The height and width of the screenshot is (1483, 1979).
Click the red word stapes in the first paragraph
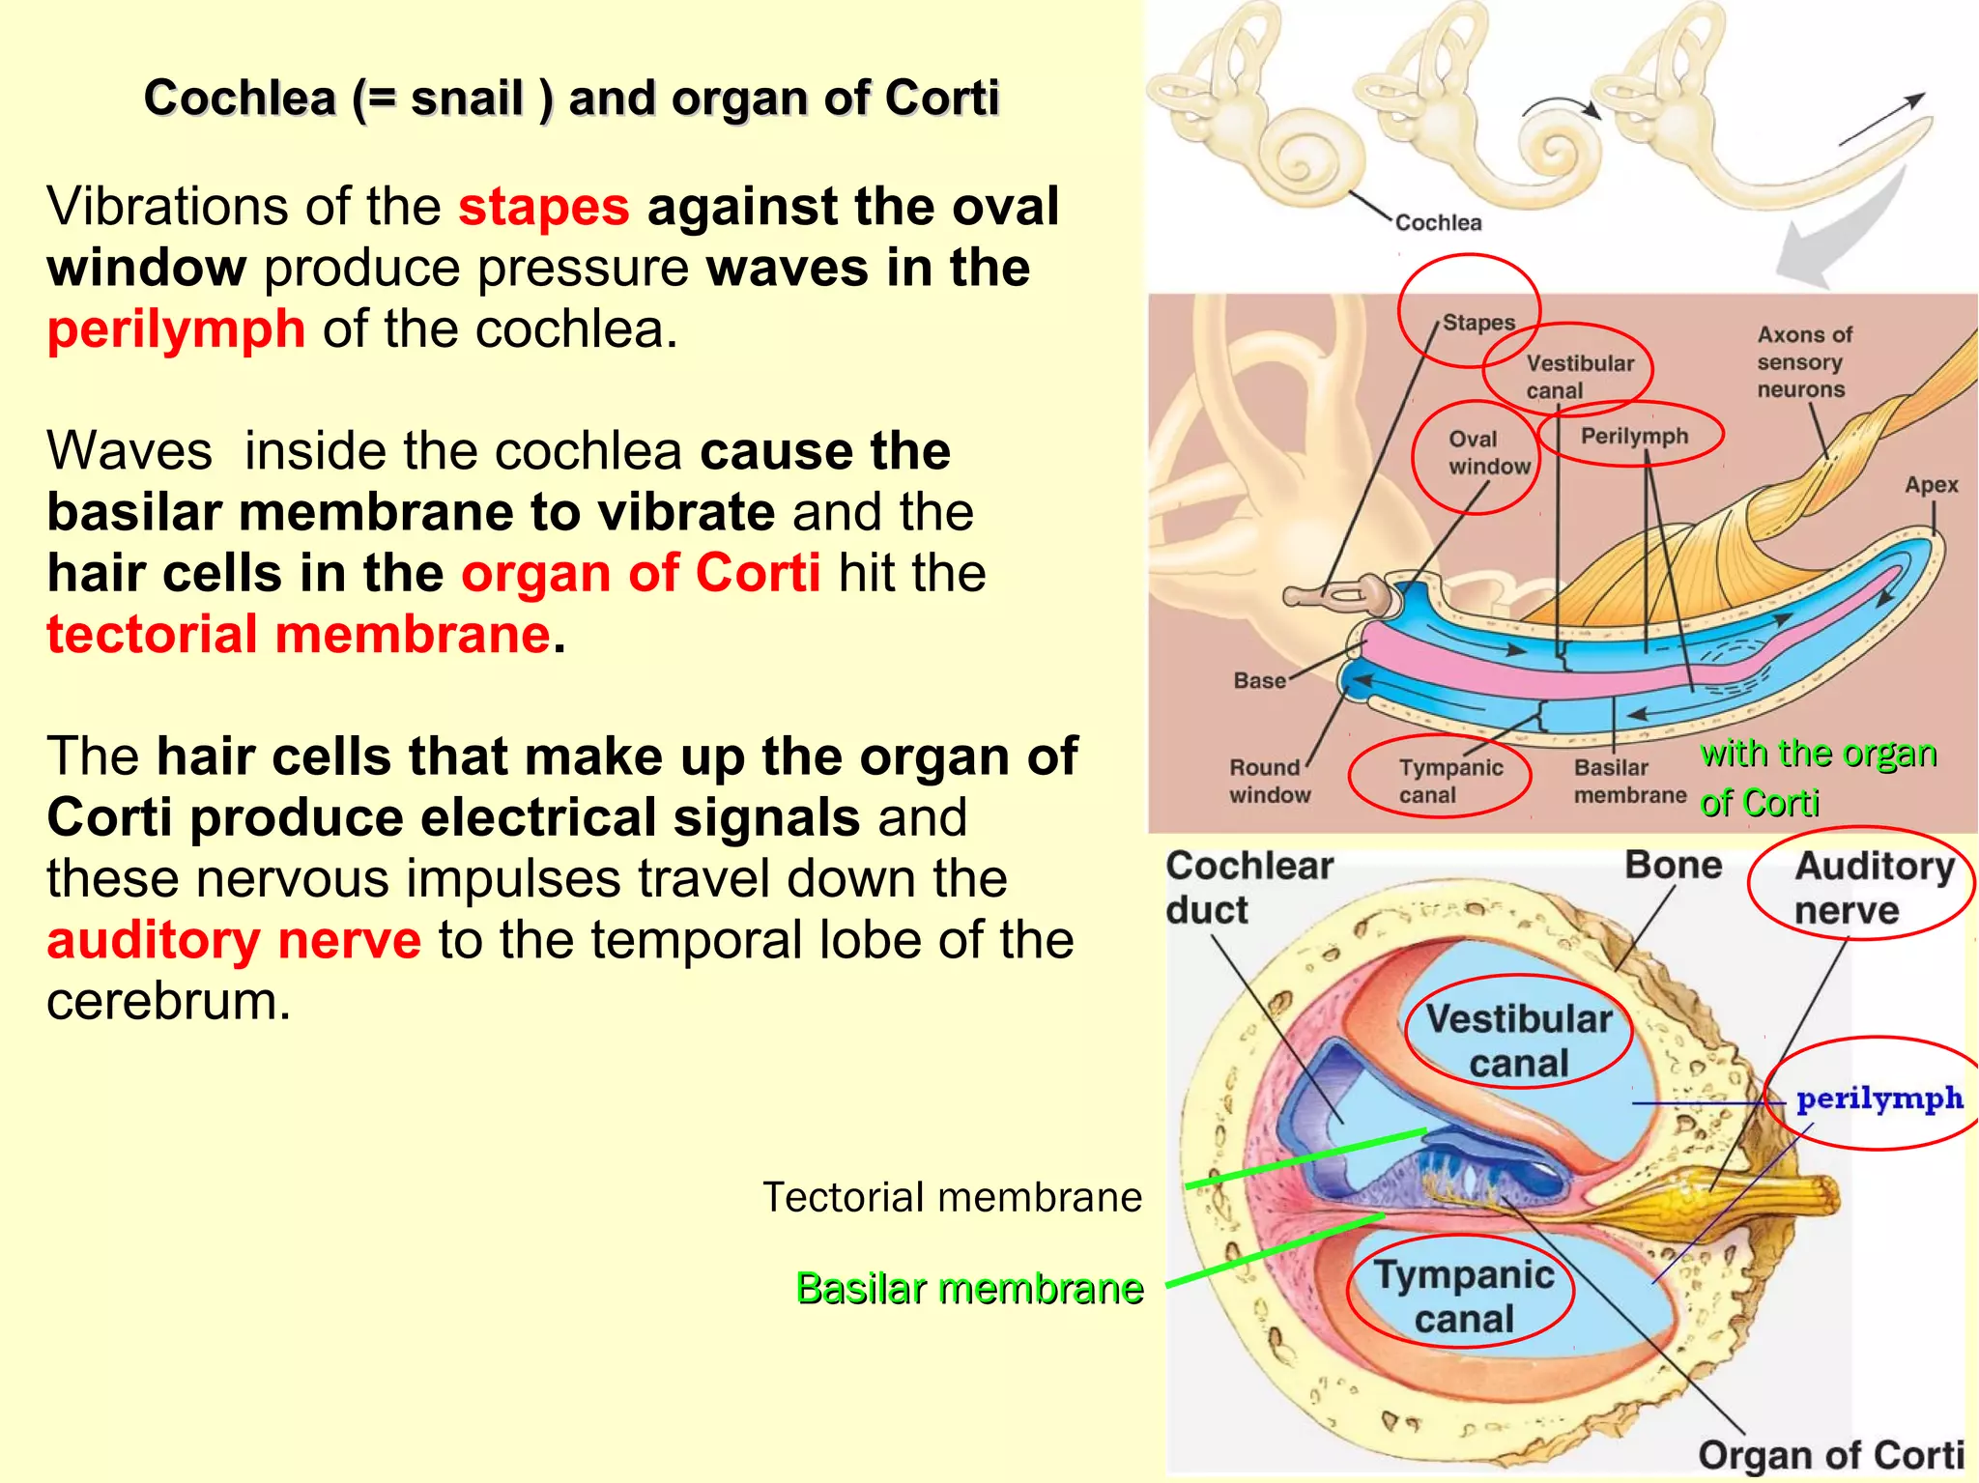(543, 208)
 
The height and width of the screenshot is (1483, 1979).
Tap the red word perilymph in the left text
(176, 330)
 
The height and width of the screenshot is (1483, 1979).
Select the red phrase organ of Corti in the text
(641, 574)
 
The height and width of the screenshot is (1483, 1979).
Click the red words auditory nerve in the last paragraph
(234, 941)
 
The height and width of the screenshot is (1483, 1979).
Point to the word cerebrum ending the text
(168, 1002)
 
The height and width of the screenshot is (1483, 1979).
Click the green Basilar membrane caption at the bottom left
(969, 1289)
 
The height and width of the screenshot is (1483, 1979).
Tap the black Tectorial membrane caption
(952, 1198)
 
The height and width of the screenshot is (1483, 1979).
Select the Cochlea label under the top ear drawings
(1438, 223)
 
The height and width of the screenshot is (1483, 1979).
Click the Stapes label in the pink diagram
(1478, 323)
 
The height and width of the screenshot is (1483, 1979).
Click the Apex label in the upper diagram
(1931, 485)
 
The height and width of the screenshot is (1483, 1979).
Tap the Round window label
(1270, 781)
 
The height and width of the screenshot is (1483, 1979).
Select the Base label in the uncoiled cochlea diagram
(1259, 681)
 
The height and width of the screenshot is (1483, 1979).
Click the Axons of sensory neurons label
(1803, 362)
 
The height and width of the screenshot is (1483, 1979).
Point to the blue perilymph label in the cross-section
(1879, 1099)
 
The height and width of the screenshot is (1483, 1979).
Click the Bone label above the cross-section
(1673, 866)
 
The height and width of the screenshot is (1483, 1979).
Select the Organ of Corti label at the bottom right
(1830, 1455)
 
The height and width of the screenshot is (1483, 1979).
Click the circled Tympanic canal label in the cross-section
(1463, 1297)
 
